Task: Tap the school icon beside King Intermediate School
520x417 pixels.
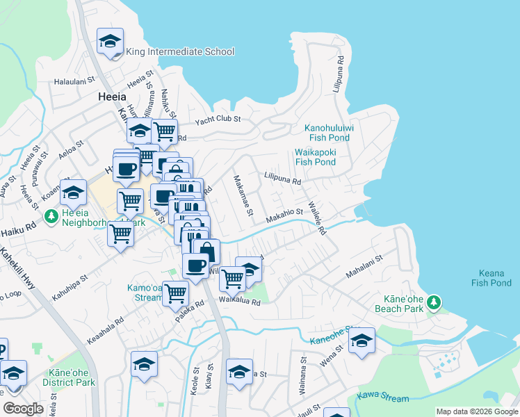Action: click(110, 42)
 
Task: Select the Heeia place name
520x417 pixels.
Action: click(111, 98)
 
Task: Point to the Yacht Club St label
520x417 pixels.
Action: click(217, 120)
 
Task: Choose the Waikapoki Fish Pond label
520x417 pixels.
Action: click(315, 156)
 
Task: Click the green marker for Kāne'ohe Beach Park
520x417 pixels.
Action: click(434, 302)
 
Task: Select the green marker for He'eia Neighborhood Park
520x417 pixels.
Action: click(50, 217)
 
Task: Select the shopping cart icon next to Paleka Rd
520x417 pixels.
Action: click(175, 293)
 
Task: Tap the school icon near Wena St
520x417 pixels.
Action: click(361, 341)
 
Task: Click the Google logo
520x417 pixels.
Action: click(24, 409)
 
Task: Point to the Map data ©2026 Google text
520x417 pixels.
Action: click(476, 411)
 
